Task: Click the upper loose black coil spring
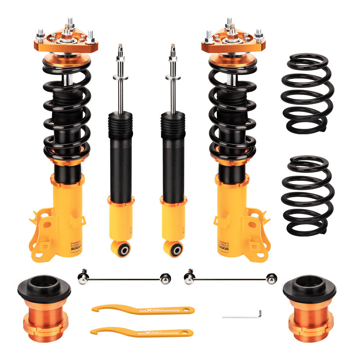pos(307,93)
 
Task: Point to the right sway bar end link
pos(230,278)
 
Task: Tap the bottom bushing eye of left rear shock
pos(122,248)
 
